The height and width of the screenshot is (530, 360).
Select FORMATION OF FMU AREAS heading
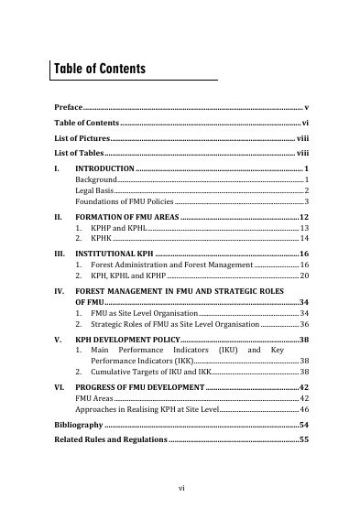pos(127,216)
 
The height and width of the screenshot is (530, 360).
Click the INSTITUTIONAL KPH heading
pos(115,253)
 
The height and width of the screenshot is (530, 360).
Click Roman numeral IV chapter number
pos(58,290)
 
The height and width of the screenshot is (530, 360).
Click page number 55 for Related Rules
pos(304,441)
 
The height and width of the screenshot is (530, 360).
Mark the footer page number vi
pos(180,490)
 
